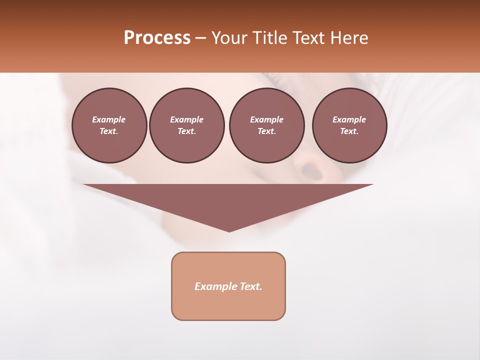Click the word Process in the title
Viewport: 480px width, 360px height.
click(157, 38)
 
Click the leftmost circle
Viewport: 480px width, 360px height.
click(109, 125)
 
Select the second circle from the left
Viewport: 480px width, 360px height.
click(186, 125)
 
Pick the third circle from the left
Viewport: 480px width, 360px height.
click(266, 125)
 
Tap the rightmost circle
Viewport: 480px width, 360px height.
click(349, 125)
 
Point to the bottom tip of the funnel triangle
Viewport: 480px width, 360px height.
click(229, 231)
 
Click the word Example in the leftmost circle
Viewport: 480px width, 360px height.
click(109, 119)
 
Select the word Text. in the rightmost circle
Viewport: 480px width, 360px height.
click(349, 131)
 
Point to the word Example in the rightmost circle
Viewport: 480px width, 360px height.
click(349, 119)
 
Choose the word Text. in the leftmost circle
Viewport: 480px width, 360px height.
click(109, 131)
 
